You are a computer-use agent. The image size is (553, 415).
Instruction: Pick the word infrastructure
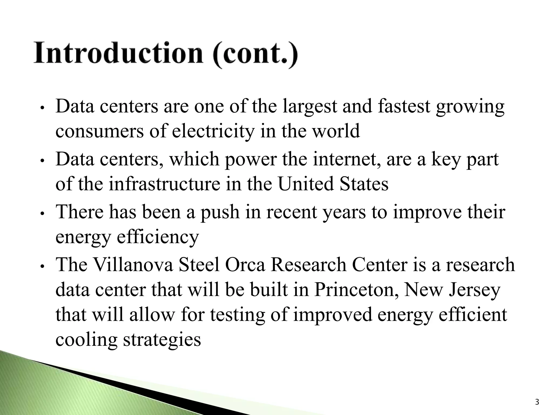click(164, 184)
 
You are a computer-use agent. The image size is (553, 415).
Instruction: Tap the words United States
click(333, 184)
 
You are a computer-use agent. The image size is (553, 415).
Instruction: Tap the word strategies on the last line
click(162, 340)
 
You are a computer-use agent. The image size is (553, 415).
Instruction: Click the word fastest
click(404, 107)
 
